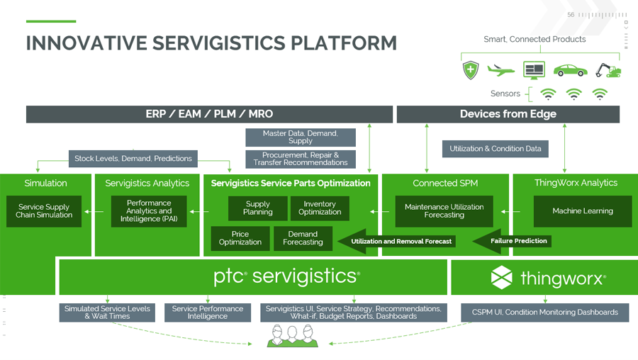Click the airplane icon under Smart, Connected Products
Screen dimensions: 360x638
[x=501, y=70]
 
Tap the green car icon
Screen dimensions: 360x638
[x=570, y=70]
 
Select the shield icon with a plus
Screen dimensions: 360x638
[x=471, y=70]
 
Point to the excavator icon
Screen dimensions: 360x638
[x=608, y=70]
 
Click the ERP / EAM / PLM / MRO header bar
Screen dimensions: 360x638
[x=209, y=114]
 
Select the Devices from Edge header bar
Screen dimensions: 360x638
[x=508, y=114]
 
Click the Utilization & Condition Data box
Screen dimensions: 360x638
[x=496, y=149]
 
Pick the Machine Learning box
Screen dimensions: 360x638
[x=582, y=211]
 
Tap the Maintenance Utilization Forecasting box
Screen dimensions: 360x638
[x=444, y=211]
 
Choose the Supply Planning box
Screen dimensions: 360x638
[x=257, y=208]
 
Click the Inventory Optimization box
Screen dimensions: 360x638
[x=320, y=208]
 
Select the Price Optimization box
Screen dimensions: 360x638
[x=240, y=238]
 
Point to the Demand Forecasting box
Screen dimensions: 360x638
[x=303, y=238]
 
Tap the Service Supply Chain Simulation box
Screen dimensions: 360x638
[x=44, y=211]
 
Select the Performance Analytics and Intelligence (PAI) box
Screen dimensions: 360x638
[x=149, y=211]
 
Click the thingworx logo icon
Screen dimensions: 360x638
[x=502, y=278]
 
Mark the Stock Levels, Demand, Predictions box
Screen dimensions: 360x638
[x=133, y=158]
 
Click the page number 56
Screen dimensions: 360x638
[x=571, y=15]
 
